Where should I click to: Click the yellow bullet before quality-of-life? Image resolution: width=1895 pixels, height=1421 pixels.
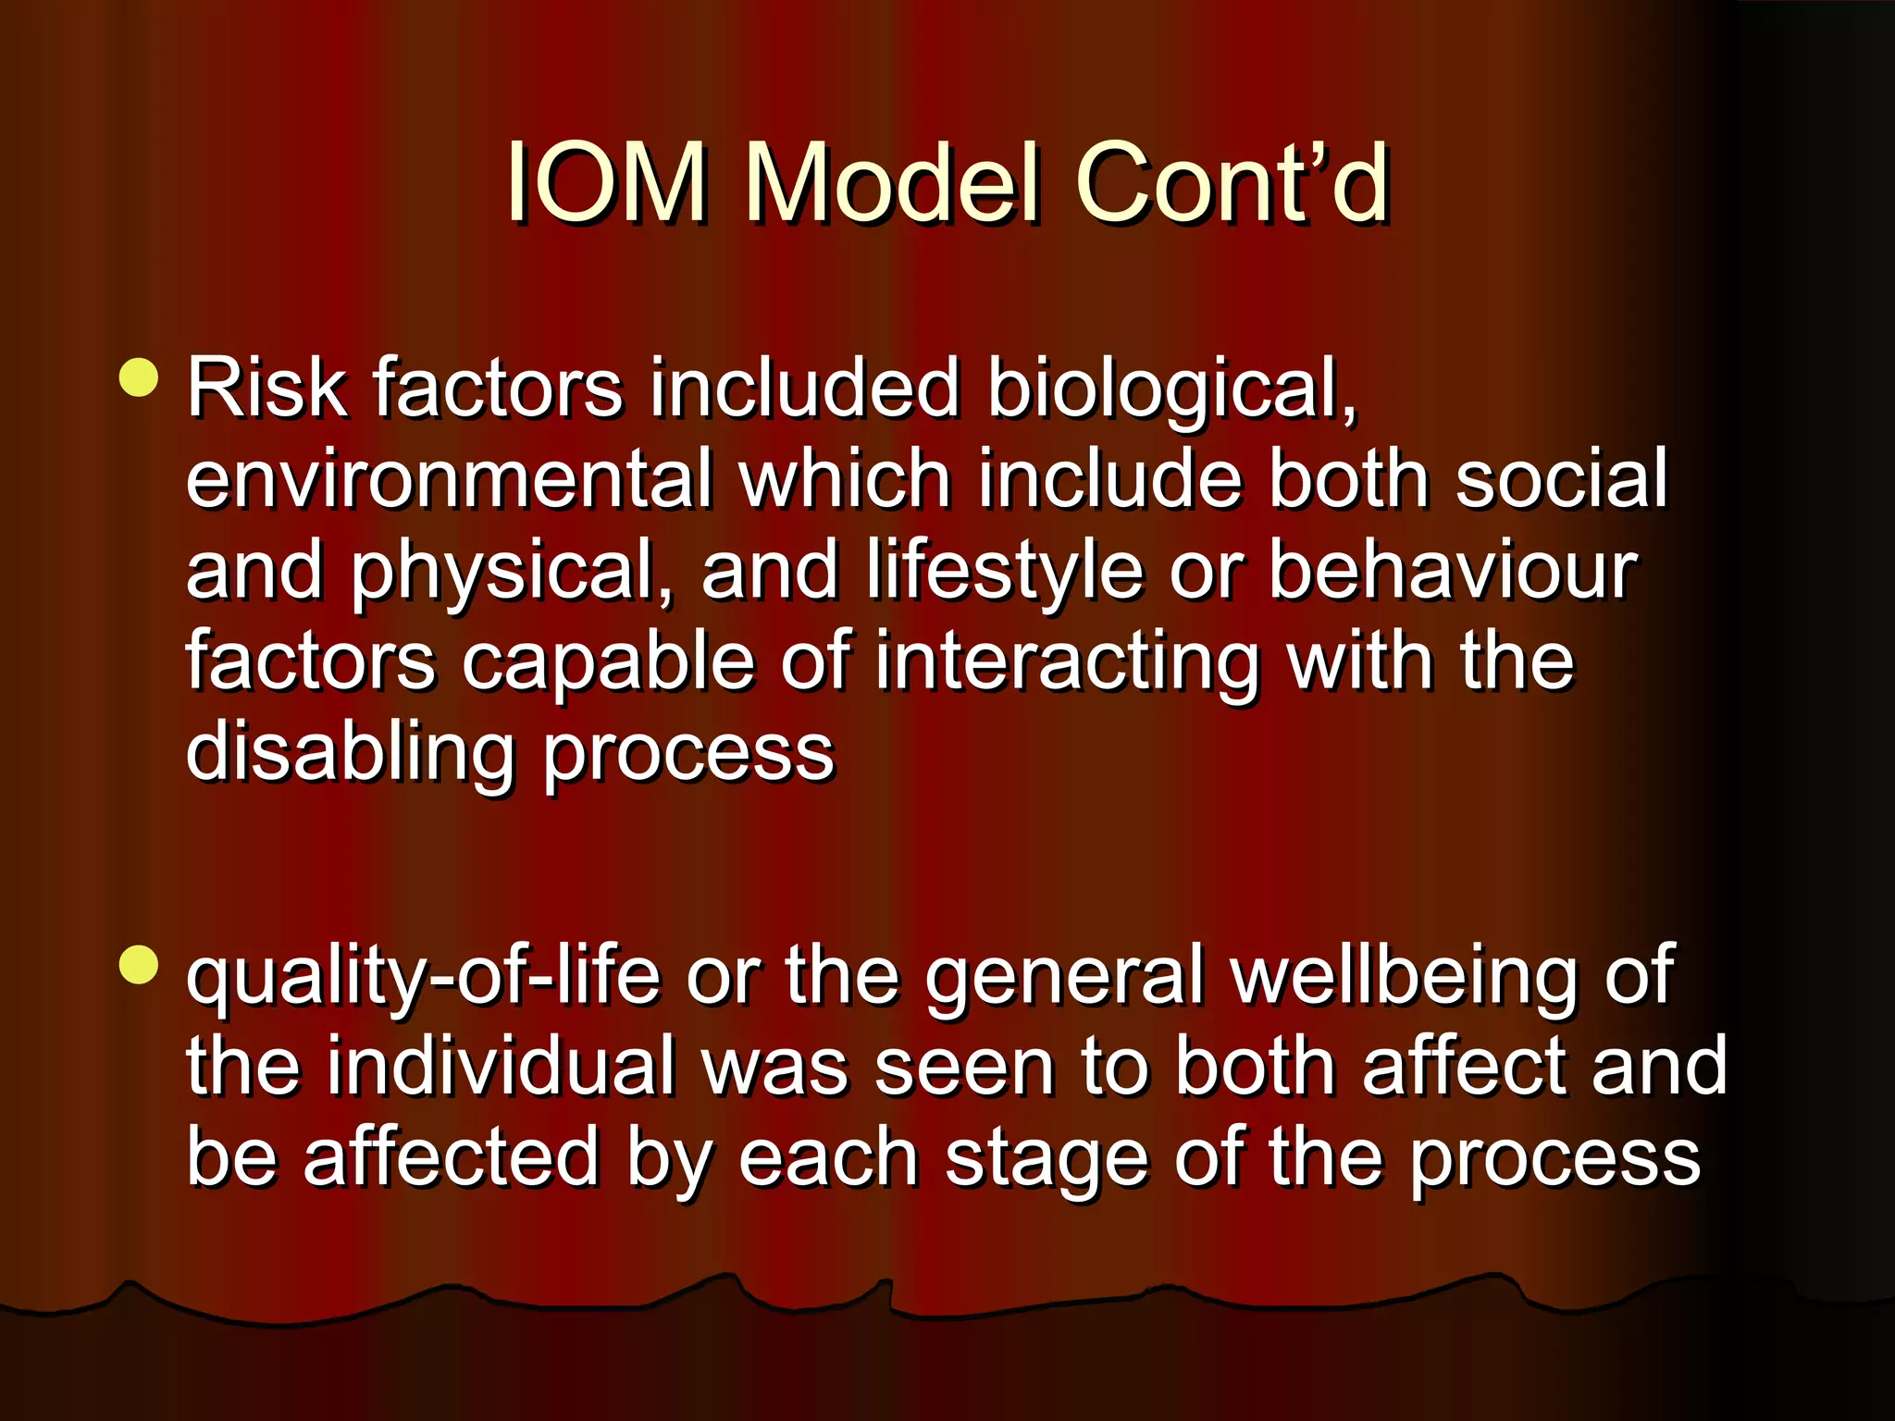pyautogui.click(x=140, y=964)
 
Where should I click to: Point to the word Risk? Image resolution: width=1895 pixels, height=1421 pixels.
pyautogui.click(x=266, y=389)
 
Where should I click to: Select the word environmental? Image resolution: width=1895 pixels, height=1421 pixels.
pyautogui.click(x=450, y=479)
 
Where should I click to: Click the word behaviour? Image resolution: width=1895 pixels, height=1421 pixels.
pyautogui.click(x=1453, y=571)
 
